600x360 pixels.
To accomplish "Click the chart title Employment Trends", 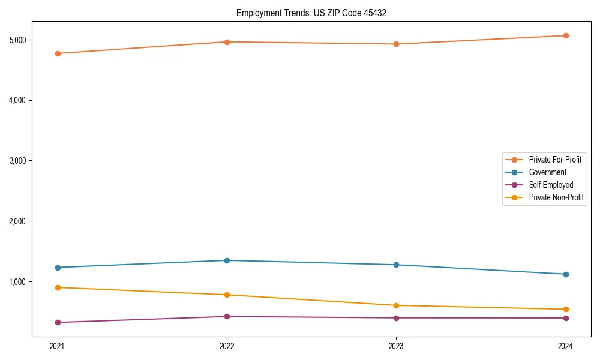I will click(311, 13).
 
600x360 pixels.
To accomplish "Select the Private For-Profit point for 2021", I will click(58, 53).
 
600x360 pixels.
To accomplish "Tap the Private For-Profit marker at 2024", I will click(566, 35).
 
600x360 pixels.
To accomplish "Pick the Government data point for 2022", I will click(227, 260).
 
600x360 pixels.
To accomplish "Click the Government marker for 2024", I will click(566, 274).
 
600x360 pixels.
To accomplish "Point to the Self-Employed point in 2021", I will click(58, 322).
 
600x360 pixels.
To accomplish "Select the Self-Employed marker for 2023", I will click(396, 318).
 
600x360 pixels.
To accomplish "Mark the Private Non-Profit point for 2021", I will click(58, 287).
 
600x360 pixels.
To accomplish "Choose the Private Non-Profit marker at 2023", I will click(396, 305).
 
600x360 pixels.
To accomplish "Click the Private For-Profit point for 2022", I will click(227, 42).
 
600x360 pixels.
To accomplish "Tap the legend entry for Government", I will click(547, 172).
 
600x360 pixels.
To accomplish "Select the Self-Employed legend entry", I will click(551, 185).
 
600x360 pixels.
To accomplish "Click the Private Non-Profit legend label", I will click(556, 197).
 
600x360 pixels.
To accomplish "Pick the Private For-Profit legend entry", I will click(555, 160).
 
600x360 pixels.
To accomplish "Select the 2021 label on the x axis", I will click(58, 346).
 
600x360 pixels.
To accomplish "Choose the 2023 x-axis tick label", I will click(396, 346).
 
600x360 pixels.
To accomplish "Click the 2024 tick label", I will click(566, 346).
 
